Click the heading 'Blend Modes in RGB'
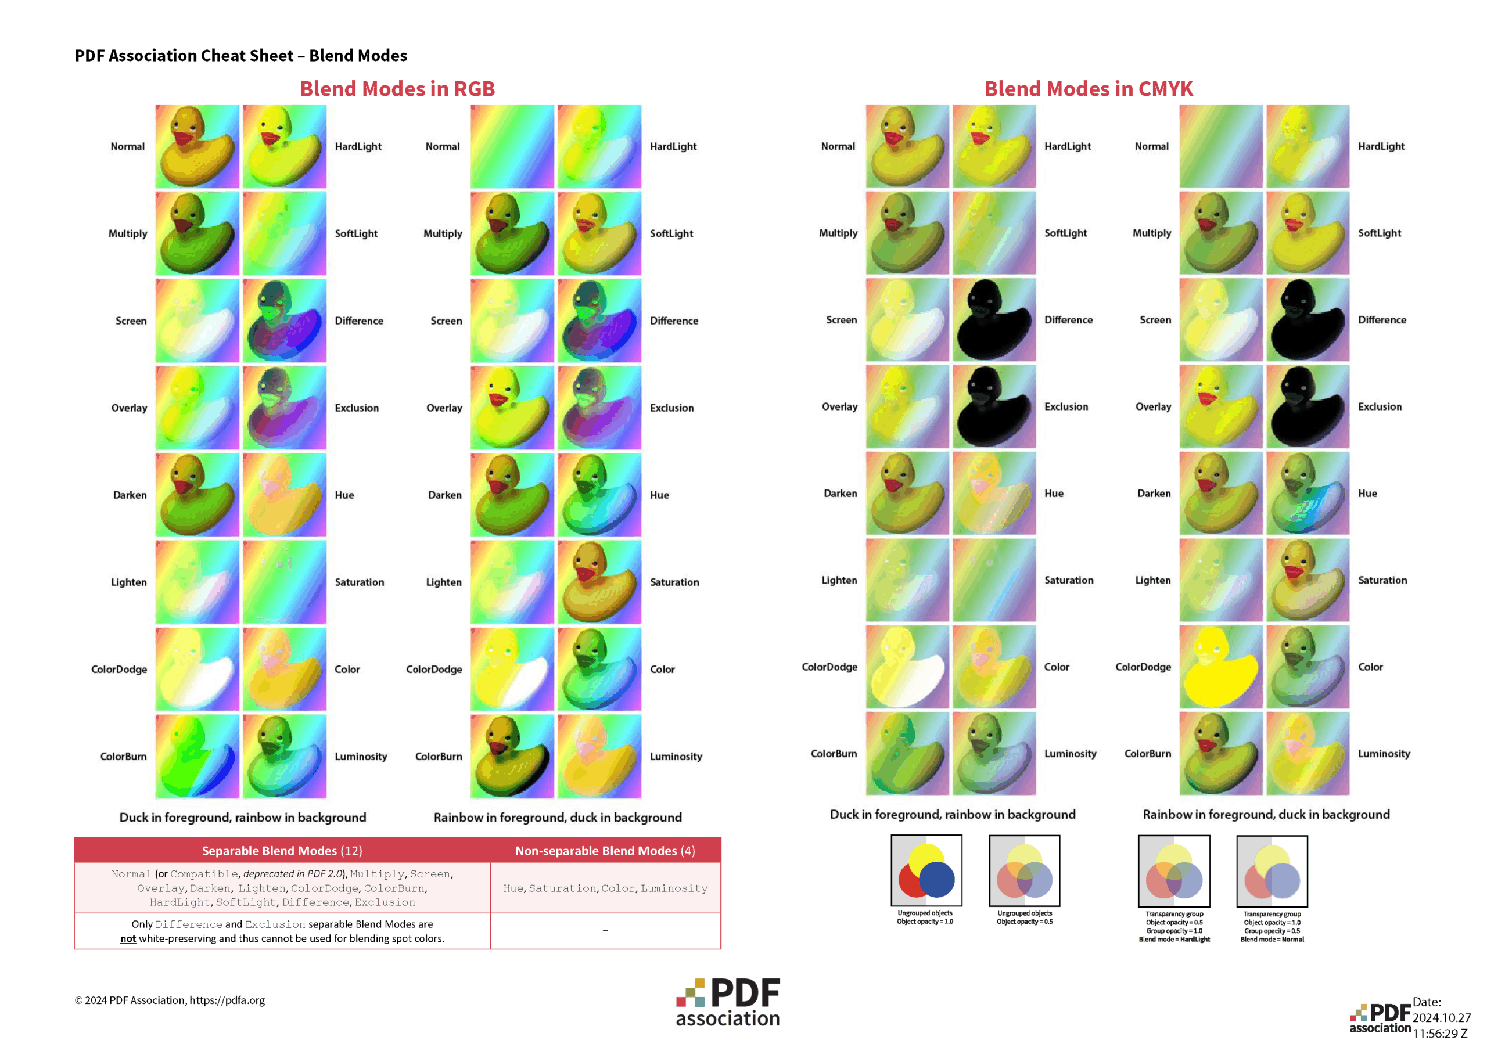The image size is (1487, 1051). tap(397, 89)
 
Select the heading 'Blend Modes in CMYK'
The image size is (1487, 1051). tap(1088, 89)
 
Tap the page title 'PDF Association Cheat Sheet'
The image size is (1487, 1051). tap(241, 56)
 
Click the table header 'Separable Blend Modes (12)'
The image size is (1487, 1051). tap(282, 850)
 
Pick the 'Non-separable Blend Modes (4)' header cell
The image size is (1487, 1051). tap(605, 850)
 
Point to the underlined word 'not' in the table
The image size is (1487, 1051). tap(128, 938)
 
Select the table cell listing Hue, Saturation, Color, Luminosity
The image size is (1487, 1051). tap(605, 888)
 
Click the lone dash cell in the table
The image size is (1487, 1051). tap(605, 931)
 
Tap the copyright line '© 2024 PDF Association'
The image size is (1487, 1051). tap(170, 1000)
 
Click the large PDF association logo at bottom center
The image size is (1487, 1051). tap(728, 1002)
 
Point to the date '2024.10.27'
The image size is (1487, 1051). tap(1441, 1017)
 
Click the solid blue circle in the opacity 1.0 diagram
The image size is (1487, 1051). tap(936, 879)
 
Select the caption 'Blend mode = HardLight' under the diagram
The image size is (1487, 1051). tap(1174, 939)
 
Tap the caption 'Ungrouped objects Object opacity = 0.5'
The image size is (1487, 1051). tap(1025, 917)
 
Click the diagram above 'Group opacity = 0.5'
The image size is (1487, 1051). tap(1272, 871)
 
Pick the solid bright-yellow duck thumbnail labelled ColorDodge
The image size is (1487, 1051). tap(1221, 667)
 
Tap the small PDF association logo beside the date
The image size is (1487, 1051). tap(1380, 1018)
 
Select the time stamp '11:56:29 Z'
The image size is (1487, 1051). tap(1440, 1034)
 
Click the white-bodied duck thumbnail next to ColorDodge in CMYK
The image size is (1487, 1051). tap(907, 667)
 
